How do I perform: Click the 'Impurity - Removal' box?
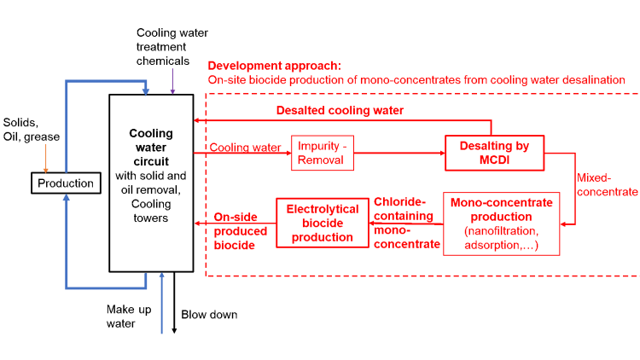(x=322, y=153)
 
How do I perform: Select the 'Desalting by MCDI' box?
(x=494, y=153)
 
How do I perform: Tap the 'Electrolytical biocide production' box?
(x=323, y=223)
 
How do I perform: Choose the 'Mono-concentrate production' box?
(x=501, y=224)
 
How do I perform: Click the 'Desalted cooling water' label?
(x=340, y=111)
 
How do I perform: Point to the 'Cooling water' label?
(x=246, y=148)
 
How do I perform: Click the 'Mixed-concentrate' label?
(x=607, y=185)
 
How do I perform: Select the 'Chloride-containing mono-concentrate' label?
(x=406, y=223)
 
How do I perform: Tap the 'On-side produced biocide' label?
(x=240, y=231)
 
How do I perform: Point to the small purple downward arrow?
(x=172, y=82)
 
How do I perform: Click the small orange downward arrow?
(x=46, y=159)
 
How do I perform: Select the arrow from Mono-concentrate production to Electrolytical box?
(x=406, y=224)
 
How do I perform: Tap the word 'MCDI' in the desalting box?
(x=495, y=160)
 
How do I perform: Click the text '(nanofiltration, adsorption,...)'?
(x=501, y=238)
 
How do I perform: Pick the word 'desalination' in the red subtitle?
(x=591, y=79)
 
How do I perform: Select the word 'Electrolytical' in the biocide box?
(x=323, y=208)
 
